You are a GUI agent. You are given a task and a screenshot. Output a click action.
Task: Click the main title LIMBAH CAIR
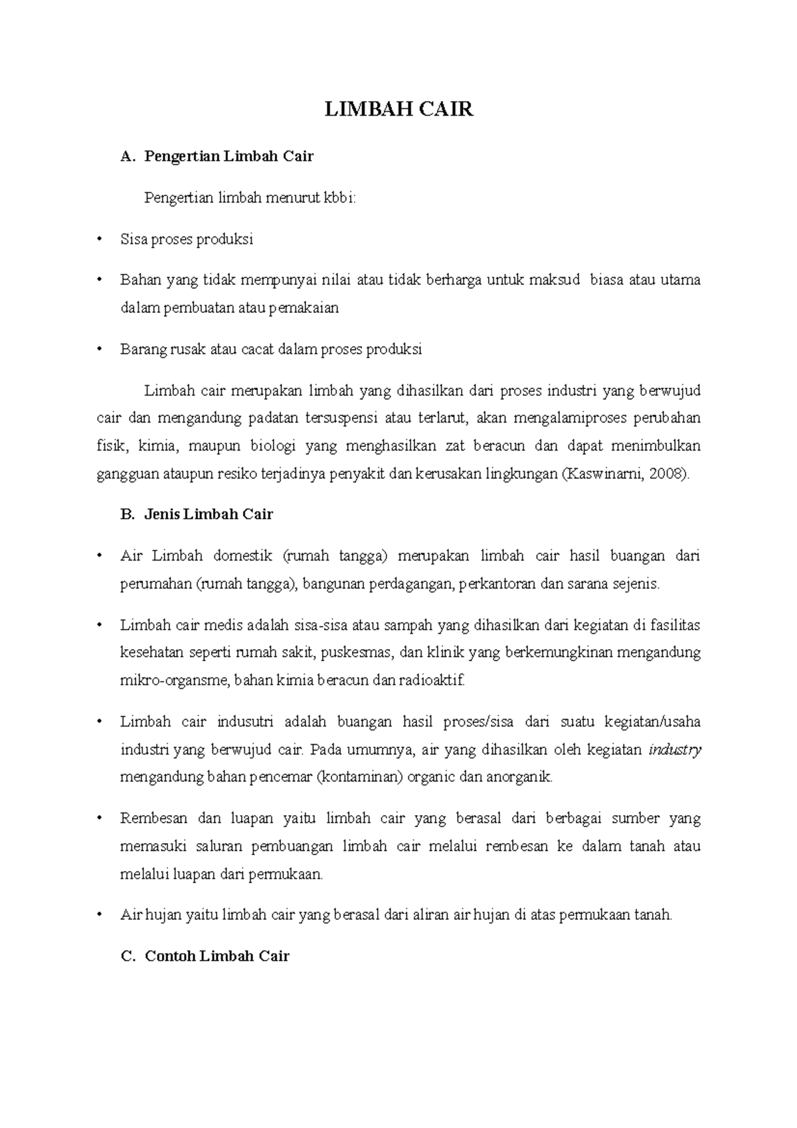click(398, 110)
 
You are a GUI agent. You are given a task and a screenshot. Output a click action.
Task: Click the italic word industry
click(675, 750)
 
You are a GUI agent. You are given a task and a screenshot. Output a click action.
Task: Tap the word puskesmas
click(357, 652)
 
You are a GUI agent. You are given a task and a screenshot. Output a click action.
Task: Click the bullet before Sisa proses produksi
click(100, 240)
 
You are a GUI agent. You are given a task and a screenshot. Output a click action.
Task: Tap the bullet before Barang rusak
click(100, 349)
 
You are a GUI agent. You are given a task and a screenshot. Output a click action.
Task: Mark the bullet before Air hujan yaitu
click(100, 915)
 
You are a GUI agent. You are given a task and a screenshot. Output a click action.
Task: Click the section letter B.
click(128, 514)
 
